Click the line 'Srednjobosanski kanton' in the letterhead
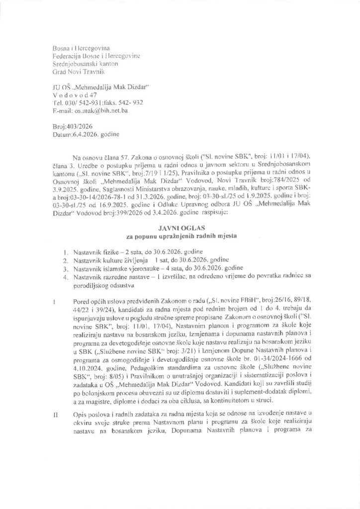(x=82, y=64)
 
